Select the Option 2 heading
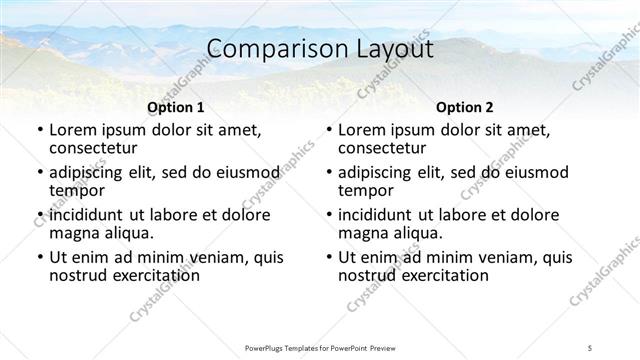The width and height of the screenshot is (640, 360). click(x=465, y=107)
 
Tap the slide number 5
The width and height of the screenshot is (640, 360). click(x=590, y=346)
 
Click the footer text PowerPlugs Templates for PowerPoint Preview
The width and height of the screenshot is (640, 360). click(x=319, y=346)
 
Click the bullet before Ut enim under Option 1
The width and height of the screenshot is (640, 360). click(x=39, y=258)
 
